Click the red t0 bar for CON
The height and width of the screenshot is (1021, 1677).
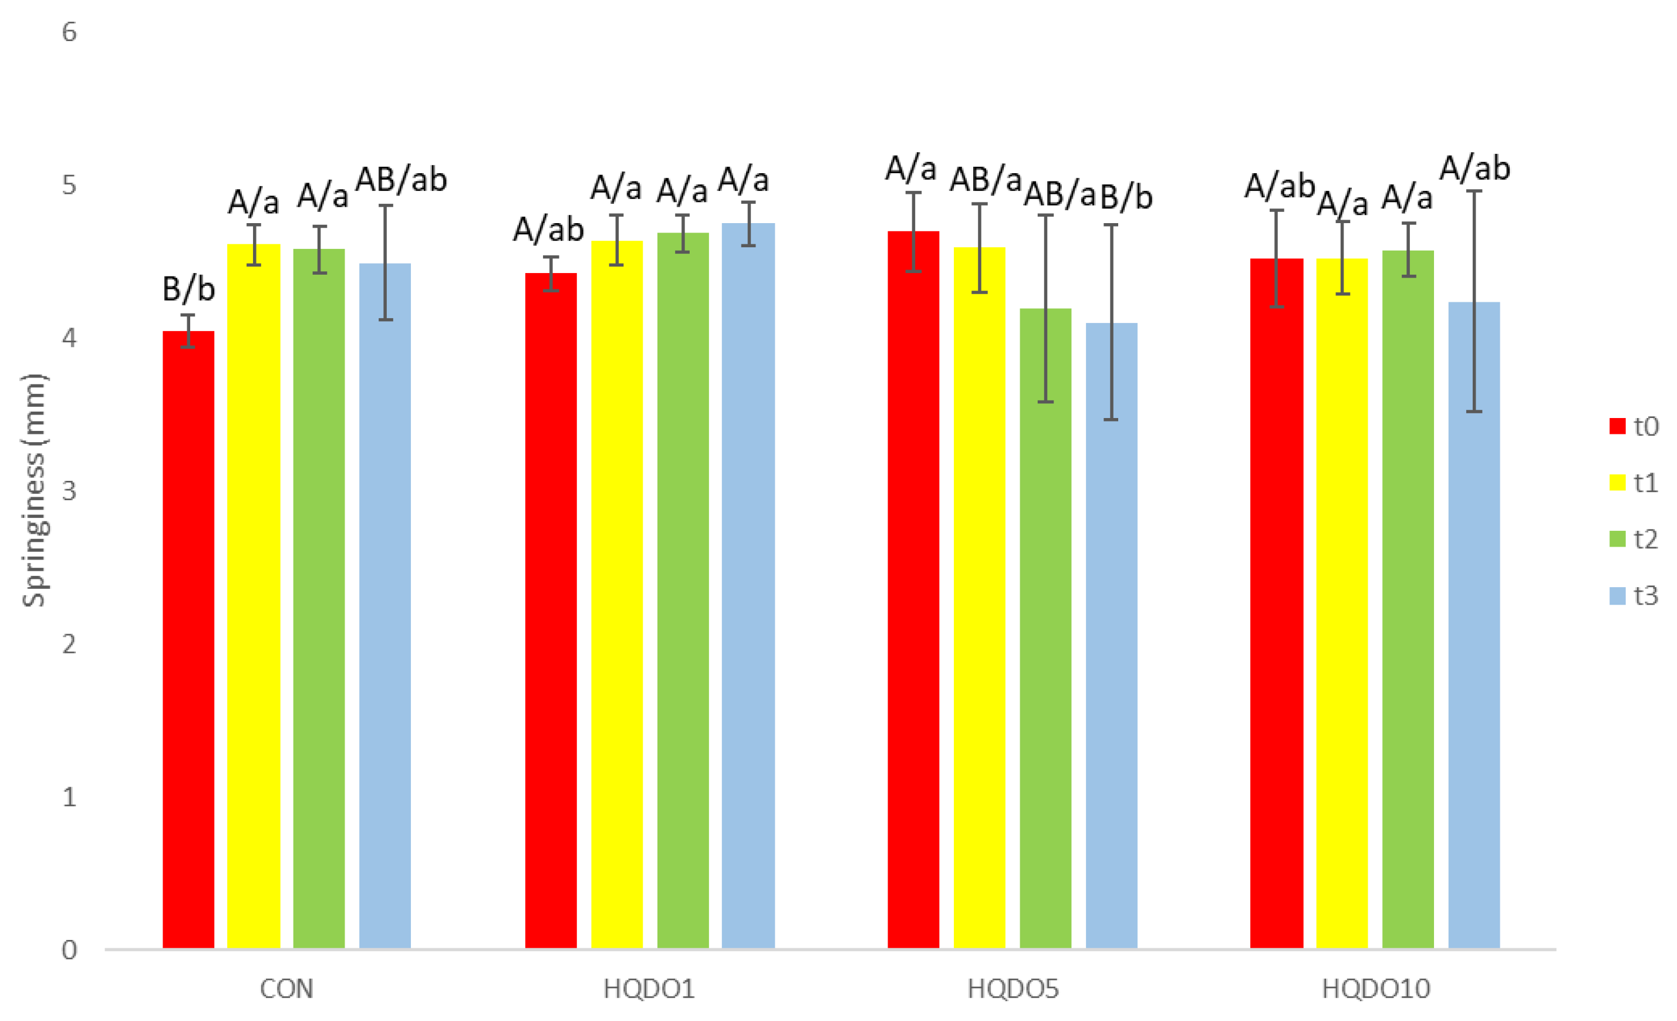[x=188, y=640]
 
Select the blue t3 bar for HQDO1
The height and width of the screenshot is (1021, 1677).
[x=748, y=585]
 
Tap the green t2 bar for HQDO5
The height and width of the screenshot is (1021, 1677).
[x=1045, y=626]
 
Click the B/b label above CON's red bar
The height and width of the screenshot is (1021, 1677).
[x=188, y=289]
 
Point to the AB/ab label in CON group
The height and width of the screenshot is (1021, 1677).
[x=401, y=180]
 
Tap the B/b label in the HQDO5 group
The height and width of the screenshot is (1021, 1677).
[x=1126, y=197]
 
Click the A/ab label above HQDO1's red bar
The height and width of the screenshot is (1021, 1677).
[x=549, y=230]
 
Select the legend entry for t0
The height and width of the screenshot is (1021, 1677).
[x=1634, y=427]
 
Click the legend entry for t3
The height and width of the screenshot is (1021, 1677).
[x=1634, y=595]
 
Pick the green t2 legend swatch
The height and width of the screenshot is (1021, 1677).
[x=1617, y=539]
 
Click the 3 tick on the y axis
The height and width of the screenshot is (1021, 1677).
[x=69, y=491]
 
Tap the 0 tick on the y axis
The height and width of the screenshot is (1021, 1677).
[x=69, y=950]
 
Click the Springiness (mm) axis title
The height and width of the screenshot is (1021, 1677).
[x=33, y=490]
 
